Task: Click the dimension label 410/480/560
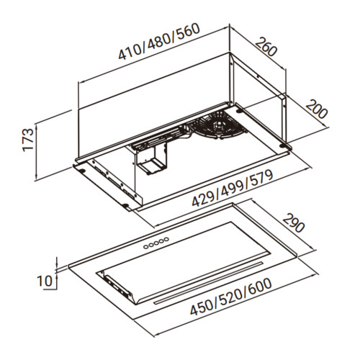[159, 41]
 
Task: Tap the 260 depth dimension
[266, 47]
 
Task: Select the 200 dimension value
[317, 109]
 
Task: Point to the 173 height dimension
[28, 140]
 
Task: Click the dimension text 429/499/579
[233, 188]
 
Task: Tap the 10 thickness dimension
[45, 281]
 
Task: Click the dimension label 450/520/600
[231, 297]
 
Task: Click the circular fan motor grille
[217, 125]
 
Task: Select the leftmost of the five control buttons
[145, 246]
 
